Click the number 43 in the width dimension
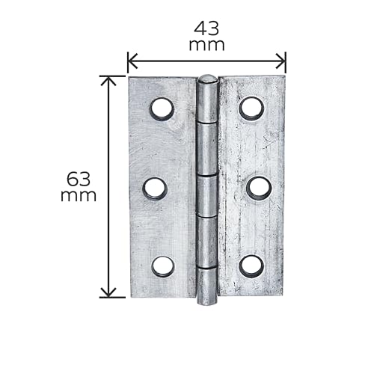206,28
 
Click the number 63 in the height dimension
79,180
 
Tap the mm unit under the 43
206,45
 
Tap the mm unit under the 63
79,196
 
